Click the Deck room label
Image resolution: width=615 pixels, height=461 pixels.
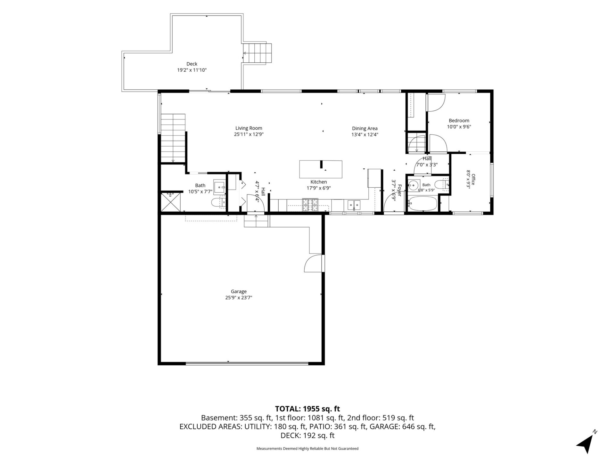192,64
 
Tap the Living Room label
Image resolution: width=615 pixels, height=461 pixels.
249,128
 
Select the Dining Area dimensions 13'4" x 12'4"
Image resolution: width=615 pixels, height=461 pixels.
365,135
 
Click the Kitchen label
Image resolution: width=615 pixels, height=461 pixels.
319,182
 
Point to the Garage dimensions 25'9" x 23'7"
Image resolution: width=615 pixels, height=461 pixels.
239,298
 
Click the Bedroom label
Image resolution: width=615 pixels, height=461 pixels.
459,121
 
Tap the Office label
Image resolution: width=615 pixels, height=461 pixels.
473,179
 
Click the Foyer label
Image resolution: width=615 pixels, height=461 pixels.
399,190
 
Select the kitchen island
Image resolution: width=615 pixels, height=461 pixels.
321,169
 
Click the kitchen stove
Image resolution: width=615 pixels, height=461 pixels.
310,205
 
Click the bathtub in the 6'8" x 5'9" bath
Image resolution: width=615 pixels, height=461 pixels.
422,204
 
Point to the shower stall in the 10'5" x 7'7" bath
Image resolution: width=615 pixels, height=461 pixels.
171,202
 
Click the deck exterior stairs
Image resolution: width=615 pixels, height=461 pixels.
257,53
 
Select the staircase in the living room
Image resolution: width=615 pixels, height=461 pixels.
173,138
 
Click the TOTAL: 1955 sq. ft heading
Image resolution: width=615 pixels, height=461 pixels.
307,409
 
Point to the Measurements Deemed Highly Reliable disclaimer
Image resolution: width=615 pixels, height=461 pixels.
307,449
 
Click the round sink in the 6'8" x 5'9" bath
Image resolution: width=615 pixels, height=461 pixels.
414,185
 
